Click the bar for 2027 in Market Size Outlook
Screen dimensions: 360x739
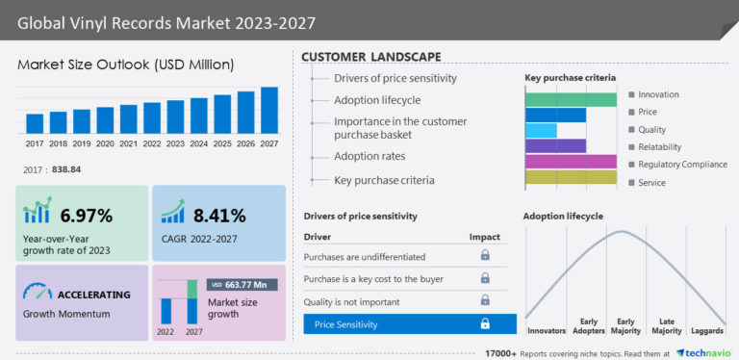(x=269, y=110)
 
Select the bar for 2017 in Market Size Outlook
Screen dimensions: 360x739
(x=35, y=123)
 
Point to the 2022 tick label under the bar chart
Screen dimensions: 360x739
(x=152, y=143)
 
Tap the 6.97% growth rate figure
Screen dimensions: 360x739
(x=87, y=215)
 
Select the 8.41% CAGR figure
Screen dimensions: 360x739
(x=218, y=215)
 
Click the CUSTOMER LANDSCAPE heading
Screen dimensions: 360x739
(x=371, y=57)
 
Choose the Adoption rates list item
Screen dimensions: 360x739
(x=369, y=156)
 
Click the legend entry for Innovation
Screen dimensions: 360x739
(x=658, y=94)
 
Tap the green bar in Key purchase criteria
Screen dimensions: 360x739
(x=570, y=99)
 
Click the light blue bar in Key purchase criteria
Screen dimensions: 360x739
(x=541, y=130)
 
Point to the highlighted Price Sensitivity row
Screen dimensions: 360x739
(x=410, y=324)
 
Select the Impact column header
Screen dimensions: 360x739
(x=485, y=236)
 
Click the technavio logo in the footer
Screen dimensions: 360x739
(x=706, y=352)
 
